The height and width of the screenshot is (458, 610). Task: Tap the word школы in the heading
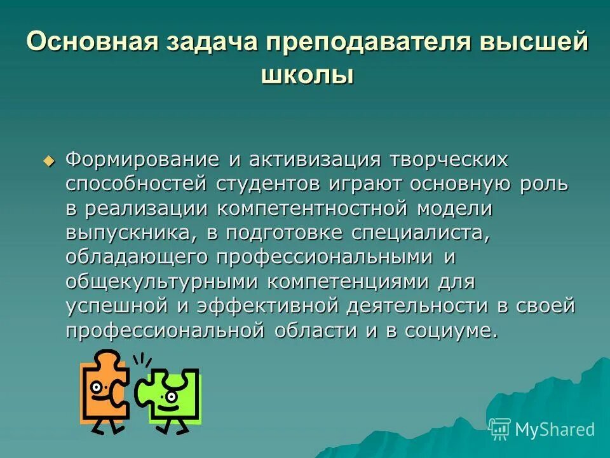[x=307, y=75]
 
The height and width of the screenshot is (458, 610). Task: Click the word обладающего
[x=137, y=256]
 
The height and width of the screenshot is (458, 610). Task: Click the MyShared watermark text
[x=555, y=429]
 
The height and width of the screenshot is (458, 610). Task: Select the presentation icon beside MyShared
[x=499, y=429]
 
